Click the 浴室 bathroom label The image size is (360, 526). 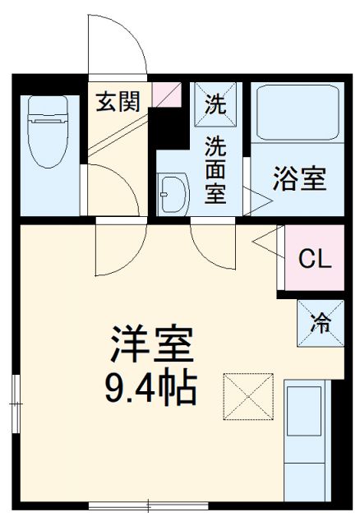[x=299, y=178]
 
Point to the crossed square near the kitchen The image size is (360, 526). [x=247, y=395]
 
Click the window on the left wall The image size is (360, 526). [x=15, y=403]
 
